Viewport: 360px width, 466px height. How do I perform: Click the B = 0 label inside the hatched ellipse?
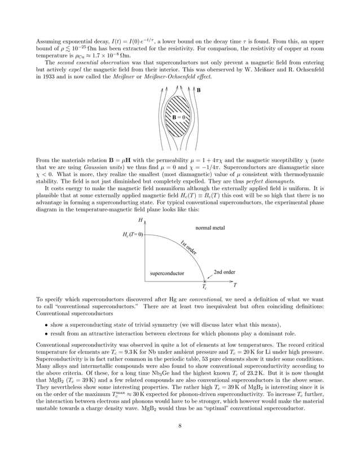click(179, 117)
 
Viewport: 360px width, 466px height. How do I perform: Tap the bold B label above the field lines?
click(198, 90)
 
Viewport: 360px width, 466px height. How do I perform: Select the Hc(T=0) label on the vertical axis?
click(132, 234)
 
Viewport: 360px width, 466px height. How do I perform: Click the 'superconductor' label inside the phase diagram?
click(166, 273)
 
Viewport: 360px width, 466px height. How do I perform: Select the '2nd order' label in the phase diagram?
click(224, 271)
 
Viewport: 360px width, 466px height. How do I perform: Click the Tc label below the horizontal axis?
click(204, 287)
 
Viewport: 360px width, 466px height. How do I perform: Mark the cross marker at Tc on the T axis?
click(204, 280)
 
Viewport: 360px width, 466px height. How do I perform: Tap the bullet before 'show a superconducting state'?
click(45, 324)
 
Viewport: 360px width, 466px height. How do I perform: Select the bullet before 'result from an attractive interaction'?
click(45, 335)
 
